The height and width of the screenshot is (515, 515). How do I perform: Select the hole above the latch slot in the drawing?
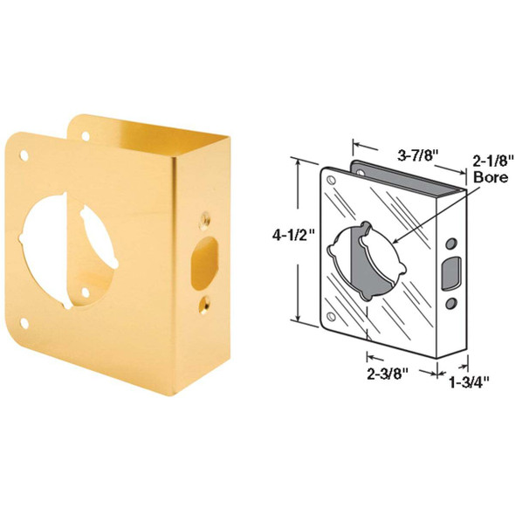coord(452,241)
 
